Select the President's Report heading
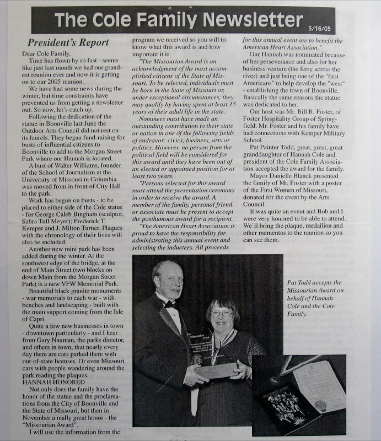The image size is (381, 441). click(x=68, y=42)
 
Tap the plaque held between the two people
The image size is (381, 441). click(x=217, y=368)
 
